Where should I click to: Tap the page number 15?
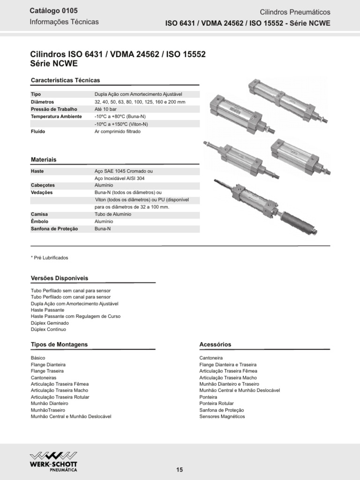180,470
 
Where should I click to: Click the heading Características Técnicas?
65,80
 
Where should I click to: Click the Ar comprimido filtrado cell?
117,132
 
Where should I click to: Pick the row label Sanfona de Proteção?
54,229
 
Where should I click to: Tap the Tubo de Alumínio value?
112,214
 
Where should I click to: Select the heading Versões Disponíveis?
59,278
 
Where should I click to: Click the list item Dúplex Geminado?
50,323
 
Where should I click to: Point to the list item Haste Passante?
47,310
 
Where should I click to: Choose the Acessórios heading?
215,344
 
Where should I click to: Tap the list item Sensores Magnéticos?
222,416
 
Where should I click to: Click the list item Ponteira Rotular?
217,403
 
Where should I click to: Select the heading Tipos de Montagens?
59,344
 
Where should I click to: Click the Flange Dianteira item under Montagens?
48,364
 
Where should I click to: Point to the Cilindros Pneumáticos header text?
302,12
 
